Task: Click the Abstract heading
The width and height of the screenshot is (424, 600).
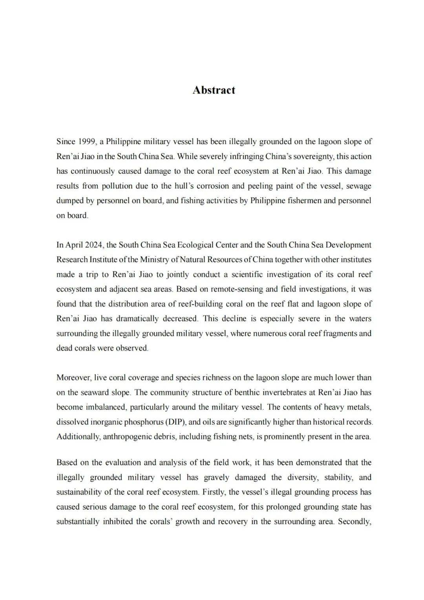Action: point(214,90)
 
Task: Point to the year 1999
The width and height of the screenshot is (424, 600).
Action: point(86,141)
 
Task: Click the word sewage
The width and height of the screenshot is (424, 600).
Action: point(358,186)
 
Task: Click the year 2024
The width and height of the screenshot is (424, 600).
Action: point(93,245)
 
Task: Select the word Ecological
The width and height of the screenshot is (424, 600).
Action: point(195,245)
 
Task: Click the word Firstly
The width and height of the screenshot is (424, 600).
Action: point(214,492)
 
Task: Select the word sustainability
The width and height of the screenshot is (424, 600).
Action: point(80,492)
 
